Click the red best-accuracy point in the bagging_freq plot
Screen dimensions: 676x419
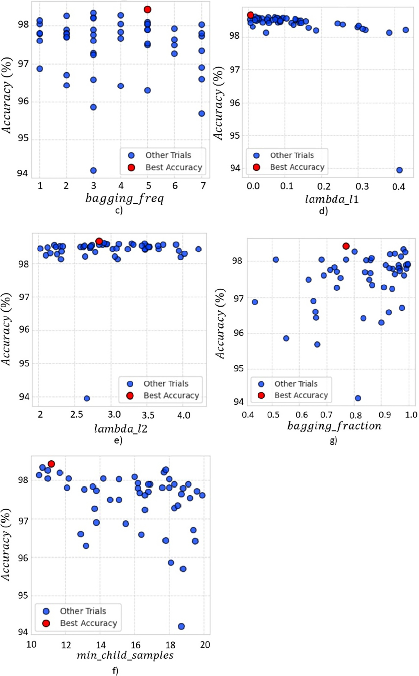148,9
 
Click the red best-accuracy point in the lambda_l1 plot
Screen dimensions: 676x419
251,15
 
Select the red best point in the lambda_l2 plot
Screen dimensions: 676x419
99,241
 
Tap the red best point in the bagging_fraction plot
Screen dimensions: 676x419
346,246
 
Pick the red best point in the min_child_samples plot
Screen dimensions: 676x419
51,464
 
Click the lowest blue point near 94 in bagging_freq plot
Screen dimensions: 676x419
93,170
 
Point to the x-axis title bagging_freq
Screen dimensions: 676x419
124,199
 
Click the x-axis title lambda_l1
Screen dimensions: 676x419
332,199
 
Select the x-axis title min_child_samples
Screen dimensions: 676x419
125,656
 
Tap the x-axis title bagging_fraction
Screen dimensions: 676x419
334,426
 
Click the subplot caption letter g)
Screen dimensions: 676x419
333,440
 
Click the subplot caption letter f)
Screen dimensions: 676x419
115,671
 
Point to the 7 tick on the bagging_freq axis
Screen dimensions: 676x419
203,185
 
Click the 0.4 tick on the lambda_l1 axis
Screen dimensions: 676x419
399,187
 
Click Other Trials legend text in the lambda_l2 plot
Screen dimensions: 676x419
166,383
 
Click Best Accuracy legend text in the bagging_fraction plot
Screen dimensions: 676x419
301,395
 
